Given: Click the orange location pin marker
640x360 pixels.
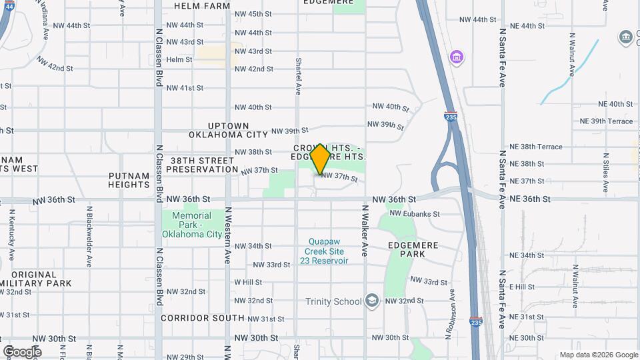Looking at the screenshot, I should [321, 159].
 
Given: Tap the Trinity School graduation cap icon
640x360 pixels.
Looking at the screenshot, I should [371, 301].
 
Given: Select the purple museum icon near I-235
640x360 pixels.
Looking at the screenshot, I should [456, 57].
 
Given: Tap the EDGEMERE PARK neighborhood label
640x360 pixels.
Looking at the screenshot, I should [413, 250].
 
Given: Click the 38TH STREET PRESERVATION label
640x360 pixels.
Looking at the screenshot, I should [201, 165].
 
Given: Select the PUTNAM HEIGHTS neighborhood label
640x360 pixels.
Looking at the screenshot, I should [129, 180].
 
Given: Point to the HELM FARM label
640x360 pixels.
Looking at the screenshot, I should [201, 5].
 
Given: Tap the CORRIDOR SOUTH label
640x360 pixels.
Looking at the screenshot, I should [203, 319].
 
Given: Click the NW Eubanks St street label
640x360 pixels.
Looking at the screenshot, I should [415, 214].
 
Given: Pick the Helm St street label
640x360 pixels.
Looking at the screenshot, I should [179, 59].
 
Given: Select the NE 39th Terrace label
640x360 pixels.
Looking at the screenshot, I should [606, 121].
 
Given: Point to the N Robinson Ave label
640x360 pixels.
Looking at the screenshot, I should [451, 311].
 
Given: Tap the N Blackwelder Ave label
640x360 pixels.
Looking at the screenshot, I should [89, 236].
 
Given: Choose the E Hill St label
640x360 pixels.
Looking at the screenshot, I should [522, 287].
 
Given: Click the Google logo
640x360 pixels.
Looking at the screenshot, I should [22, 351].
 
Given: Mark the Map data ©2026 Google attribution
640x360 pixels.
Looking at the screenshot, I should [599, 355].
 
